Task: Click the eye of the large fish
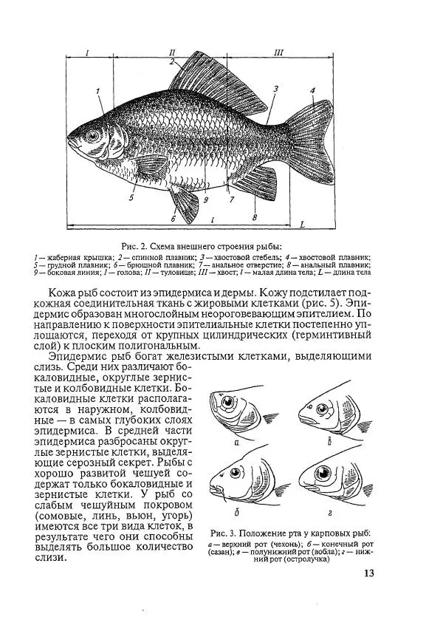tap(92, 136)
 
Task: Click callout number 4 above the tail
tap(313, 91)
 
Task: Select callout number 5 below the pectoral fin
tap(131, 198)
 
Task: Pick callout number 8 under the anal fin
tap(254, 218)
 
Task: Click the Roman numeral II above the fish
tap(171, 52)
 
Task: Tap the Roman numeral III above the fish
tap(278, 52)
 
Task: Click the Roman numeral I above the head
tap(87, 52)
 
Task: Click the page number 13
tap(370, 574)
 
